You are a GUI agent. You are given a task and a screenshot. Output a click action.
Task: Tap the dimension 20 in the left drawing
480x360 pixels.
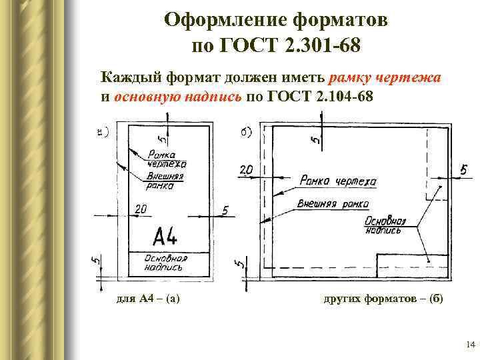click(141, 210)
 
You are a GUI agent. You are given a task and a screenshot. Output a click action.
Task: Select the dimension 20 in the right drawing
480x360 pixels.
click(245, 171)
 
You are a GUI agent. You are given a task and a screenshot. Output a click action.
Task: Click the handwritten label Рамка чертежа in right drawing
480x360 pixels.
click(338, 181)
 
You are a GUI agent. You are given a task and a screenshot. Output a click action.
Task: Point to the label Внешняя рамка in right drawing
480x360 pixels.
click(334, 204)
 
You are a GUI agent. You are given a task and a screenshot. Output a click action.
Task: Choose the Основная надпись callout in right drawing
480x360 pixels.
click(385, 225)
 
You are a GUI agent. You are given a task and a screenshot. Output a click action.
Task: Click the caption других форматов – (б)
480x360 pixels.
click(383, 299)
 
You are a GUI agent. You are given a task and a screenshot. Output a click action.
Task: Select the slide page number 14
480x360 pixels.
click(469, 345)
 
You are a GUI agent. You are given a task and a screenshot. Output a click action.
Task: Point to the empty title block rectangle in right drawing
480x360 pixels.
click(412, 265)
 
